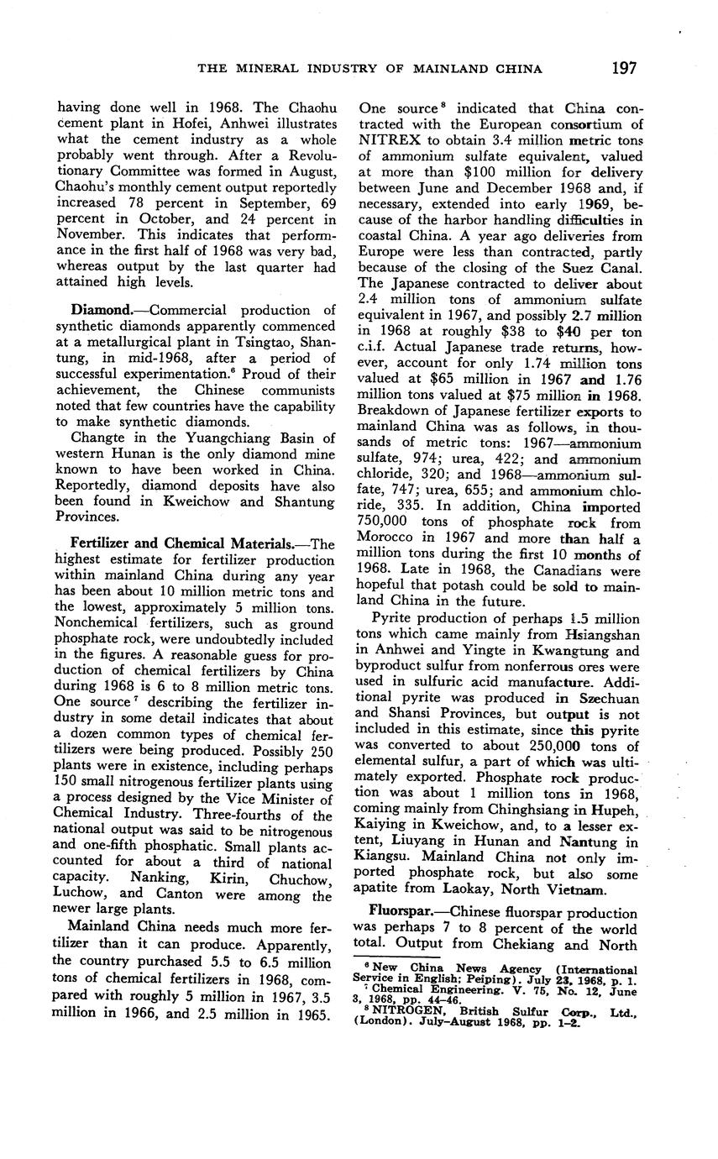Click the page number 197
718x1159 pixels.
[624, 68]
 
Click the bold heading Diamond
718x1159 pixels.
[100, 311]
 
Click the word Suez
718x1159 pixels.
[565, 268]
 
